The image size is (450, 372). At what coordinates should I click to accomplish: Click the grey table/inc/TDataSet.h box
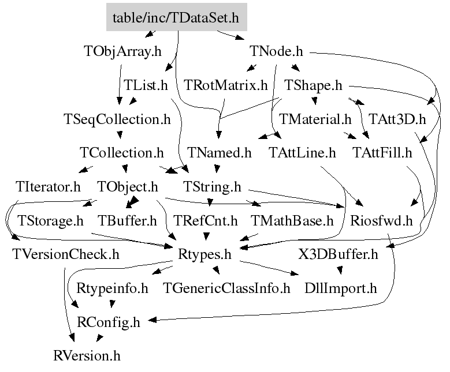tap(177, 17)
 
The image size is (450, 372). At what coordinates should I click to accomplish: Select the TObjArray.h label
tap(122, 51)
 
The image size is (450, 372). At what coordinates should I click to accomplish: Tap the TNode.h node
tap(276, 51)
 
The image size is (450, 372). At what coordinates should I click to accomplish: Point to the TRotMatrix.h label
tap(225, 85)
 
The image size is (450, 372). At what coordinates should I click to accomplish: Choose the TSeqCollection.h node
tap(117, 119)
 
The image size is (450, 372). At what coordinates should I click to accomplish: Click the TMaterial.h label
tap(315, 119)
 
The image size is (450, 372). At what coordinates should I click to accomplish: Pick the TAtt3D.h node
tap(397, 119)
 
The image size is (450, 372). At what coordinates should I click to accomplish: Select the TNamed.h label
tap(220, 153)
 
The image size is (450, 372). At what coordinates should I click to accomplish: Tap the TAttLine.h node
tap(302, 153)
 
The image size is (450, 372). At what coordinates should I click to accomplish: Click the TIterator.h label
tap(48, 186)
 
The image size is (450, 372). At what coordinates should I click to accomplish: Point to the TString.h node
tap(212, 187)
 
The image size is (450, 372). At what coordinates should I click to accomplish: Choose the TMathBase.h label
tap(292, 221)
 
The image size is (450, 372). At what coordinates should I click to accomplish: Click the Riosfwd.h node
tap(381, 221)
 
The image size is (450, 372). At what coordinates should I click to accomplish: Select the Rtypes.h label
tap(204, 254)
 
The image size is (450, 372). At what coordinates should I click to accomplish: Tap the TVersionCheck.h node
tap(66, 254)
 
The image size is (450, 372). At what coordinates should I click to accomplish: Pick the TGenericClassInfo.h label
tap(226, 288)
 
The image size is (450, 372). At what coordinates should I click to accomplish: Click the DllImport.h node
tap(341, 288)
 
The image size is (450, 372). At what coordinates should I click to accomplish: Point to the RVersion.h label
tap(87, 356)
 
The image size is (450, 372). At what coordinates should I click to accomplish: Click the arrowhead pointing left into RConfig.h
tap(152, 320)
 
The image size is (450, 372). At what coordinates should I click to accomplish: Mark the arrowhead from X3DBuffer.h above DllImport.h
tap(340, 270)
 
